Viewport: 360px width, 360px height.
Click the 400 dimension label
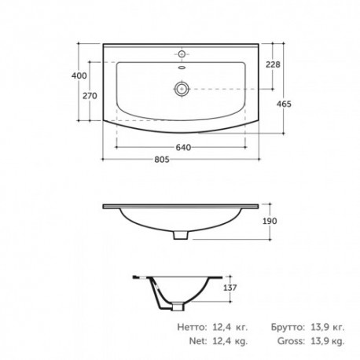pyautogui.click(x=79, y=75)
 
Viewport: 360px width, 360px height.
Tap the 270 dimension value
pyautogui.click(x=90, y=96)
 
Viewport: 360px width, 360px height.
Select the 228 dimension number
pyautogui.click(x=273, y=64)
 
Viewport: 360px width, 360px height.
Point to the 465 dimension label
pyautogui.click(x=284, y=104)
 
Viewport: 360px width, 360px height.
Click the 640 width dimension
pyautogui.click(x=183, y=148)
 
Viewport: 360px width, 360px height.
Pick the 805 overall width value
pyautogui.click(x=162, y=160)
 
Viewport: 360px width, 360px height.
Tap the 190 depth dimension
pyautogui.click(x=270, y=221)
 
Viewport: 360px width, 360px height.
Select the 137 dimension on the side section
pyautogui.click(x=230, y=288)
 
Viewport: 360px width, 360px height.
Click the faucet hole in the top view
pyautogui.click(x=182, y=54)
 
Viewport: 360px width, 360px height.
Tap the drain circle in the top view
pyautogui.click(x=182, y=89)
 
